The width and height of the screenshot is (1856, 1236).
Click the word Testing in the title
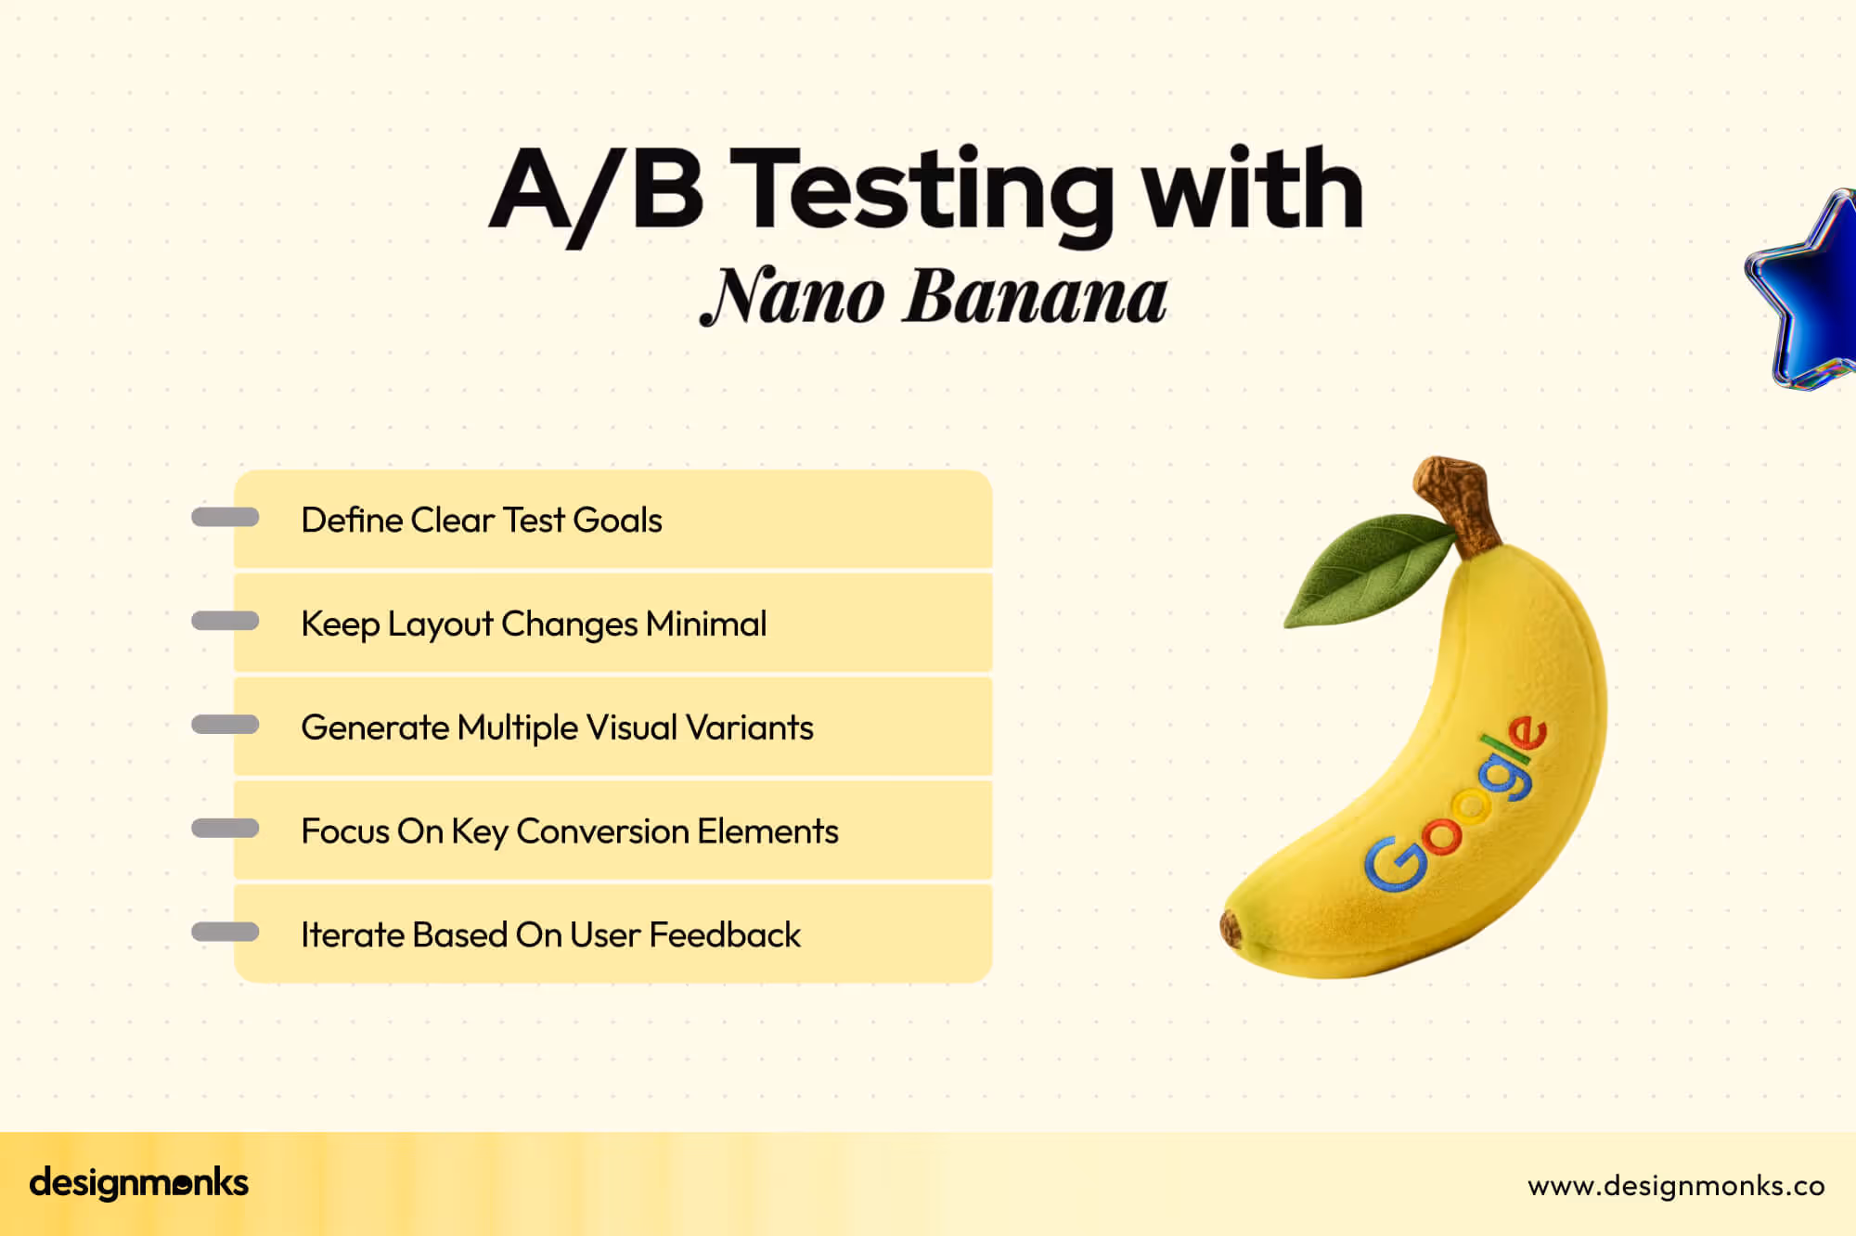928,190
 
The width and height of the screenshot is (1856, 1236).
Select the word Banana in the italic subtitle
1035,297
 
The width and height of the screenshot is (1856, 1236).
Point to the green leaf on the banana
1369,571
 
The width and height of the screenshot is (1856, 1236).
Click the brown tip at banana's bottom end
1231,928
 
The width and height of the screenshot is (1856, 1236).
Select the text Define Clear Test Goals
482,521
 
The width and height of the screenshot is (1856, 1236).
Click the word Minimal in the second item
706,624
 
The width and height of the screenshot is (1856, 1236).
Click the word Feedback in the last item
725,935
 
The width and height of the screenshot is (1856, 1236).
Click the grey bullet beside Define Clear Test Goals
225,518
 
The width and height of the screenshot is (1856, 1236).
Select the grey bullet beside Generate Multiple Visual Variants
225,725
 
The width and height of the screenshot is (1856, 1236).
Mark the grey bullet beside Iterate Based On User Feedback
225,932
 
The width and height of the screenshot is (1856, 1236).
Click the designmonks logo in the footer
139,1183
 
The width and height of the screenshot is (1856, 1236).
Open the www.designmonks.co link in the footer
1676,1186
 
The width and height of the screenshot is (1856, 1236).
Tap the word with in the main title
1253,190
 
